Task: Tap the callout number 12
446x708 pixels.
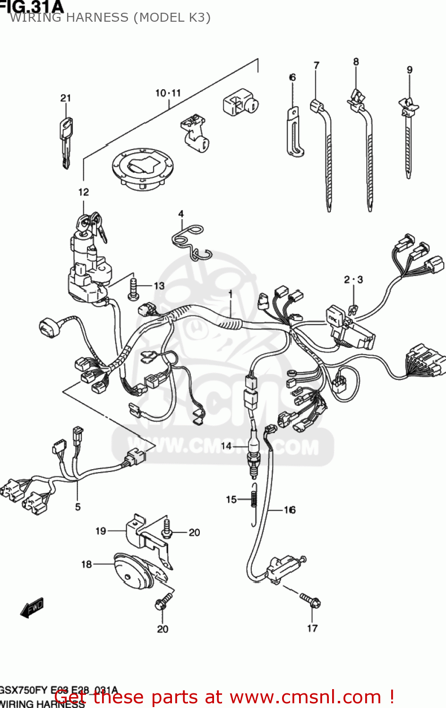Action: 83,192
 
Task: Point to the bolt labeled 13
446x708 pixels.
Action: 133,288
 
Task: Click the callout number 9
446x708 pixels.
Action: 410,70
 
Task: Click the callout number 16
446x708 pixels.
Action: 290,510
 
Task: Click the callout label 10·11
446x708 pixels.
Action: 168,93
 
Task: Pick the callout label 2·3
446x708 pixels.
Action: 353,279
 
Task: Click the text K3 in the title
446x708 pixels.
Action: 197,17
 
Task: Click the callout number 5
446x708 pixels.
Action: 78,507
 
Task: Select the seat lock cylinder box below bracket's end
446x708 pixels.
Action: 240,104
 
